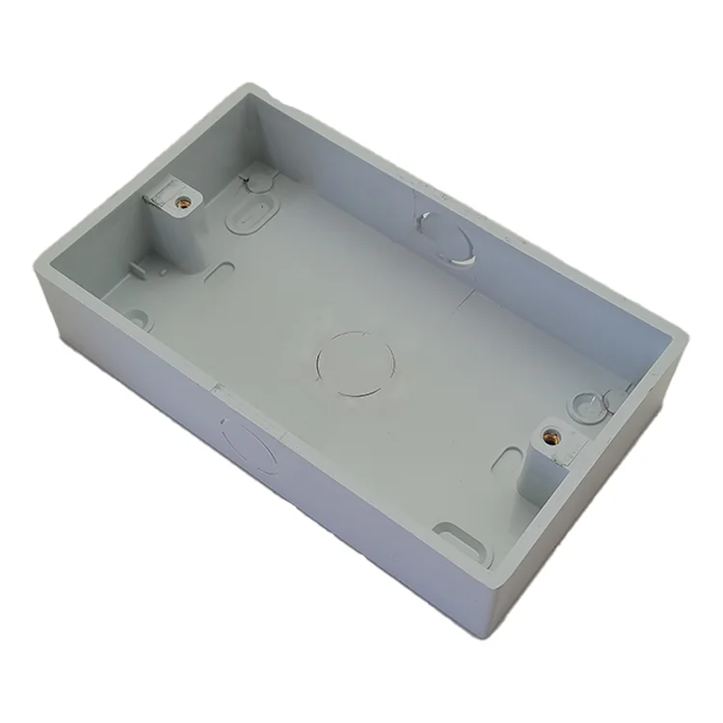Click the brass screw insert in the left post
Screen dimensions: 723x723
182,202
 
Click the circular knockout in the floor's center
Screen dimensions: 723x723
355,363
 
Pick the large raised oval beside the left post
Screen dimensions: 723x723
249,212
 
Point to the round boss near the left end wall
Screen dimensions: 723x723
137,319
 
